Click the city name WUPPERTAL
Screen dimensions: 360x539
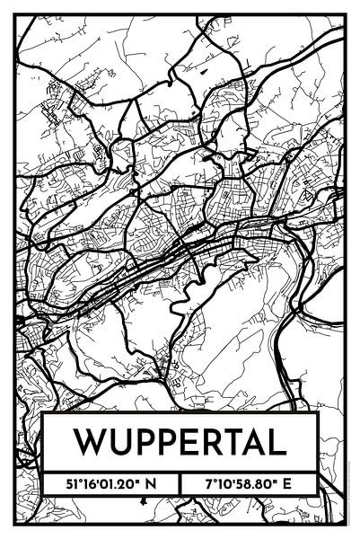pos(180,443)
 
